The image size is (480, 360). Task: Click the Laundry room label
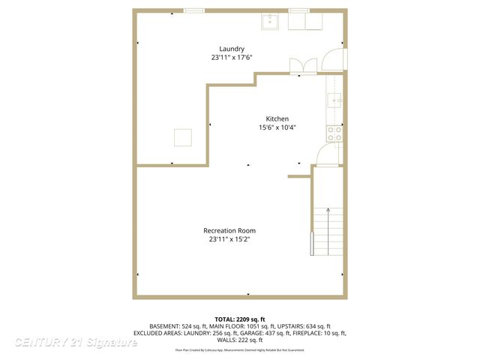coord(231,49)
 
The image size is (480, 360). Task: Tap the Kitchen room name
coord(277,118)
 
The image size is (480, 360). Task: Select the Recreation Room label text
coord(229,230)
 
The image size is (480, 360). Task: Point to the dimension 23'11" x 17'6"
coord(231,58)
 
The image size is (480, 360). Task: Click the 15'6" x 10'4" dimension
coord(277,127)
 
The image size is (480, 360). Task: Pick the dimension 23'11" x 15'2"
coord(229,239)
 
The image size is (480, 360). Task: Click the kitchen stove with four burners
coord(334,133)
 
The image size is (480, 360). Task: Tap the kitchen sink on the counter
coord(335,99)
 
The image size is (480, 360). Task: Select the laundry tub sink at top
coord(270,21)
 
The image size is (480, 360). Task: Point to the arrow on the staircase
coord(328,211)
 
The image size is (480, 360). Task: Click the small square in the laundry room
coord(183,137)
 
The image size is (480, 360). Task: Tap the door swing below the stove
coord(328,155)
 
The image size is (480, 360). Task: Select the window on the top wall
coord(194,10)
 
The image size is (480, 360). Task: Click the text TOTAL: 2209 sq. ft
coord(240,319)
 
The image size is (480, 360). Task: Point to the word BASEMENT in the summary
coord(164,326)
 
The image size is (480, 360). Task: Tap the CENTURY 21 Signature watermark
coord(76,342)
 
